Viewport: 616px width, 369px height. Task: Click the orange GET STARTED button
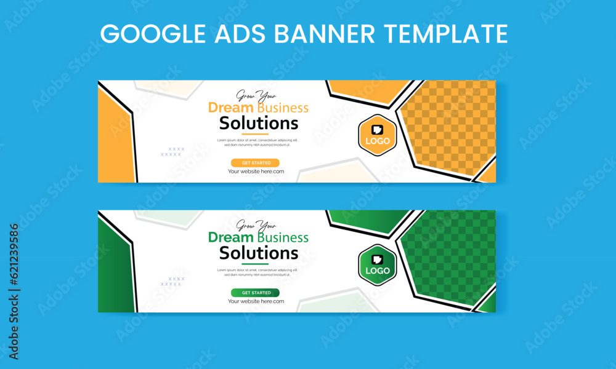pos(255,163)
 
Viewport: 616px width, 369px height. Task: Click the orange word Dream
pos(231,108)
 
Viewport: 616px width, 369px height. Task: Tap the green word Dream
pos(231,237)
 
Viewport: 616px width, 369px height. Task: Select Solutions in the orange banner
pos(259,123)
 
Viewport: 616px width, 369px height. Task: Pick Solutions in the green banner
pos(259,253)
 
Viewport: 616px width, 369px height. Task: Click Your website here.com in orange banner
pos(256,172)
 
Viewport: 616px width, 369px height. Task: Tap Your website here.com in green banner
pos(256,301)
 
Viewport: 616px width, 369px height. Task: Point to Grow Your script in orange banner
pos(257,95)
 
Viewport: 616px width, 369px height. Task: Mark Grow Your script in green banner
pos(257,225)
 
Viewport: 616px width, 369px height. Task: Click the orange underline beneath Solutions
pos(255,133)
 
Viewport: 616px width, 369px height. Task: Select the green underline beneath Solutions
pos(255,263)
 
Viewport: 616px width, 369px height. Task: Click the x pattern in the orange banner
pos(172,151)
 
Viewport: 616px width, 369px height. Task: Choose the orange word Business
pos(283,108)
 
